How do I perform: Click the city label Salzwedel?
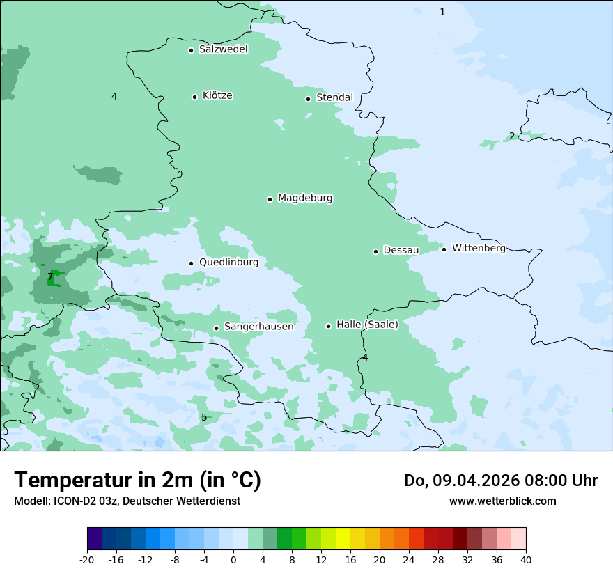click(x=223, y=49)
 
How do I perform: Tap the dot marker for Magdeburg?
click(x=270, y=199)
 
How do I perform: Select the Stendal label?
click(x=334, y=97)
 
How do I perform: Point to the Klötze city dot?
click(x=194, y=97)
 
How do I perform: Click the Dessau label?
click(x=401, y=250)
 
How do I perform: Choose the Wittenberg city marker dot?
click(x=444, y=249)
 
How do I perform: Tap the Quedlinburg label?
click(x=228, y=263)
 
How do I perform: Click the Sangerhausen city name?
click(x=258, y=327)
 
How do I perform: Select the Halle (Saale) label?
click(x=367, y=325)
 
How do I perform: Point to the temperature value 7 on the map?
click(x=50, y=277)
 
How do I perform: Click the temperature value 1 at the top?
click(x=442, y=12)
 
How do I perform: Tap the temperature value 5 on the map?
click(x=204, y=417)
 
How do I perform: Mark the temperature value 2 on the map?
click(x=512, y=136)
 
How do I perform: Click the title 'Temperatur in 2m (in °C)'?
click(x=137, y=480)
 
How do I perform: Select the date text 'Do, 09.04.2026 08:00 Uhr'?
click(x=500, y=481)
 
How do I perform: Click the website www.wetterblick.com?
click(x=502, y=501)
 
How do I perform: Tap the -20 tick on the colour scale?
click(x=87, y=559)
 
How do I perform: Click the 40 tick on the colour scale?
click(x=526, y=559)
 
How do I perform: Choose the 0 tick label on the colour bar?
click(x=233, y=559)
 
